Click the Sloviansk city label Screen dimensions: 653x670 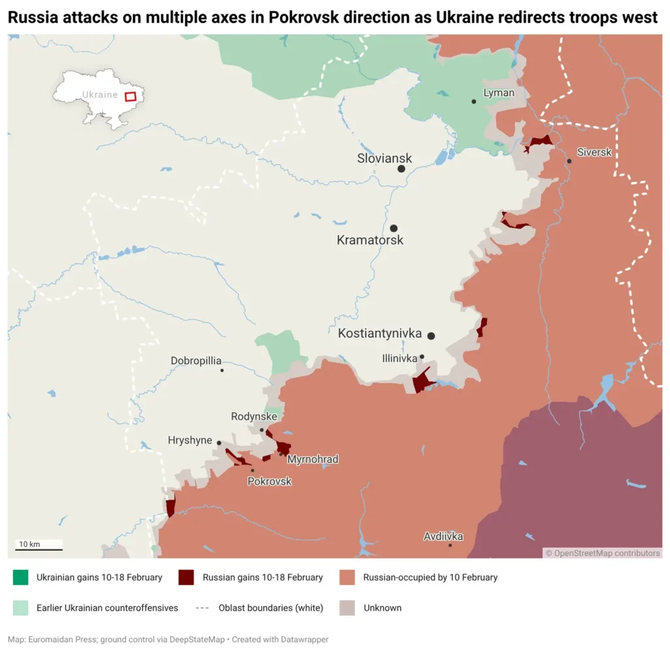pos(384,159)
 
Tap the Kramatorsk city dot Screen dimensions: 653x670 pos(394,229)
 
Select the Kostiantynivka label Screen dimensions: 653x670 pos(379,333)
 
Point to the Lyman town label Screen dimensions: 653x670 pos(499,93)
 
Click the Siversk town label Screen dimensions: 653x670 pos(594,152)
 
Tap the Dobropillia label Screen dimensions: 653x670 pos(196,360)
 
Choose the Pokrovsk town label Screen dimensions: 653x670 pos(270,481)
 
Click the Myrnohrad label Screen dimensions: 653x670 pos(313,459)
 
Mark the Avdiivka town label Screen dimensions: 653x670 pos(443,536)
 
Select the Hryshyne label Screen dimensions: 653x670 pos(190,440)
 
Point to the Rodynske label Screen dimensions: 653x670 pos(254,417)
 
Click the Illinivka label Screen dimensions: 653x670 pos(400,358)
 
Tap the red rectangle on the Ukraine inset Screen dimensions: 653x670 pos(131,96)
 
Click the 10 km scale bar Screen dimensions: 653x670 pos(39,549)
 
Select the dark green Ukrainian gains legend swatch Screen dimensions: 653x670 pos(20,577)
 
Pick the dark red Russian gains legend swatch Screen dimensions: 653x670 pos(186,577)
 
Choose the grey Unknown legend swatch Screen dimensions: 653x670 pos(347,608)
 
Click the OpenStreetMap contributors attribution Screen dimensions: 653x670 pos(603,553)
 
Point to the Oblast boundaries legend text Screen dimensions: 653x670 pos(271,608)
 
